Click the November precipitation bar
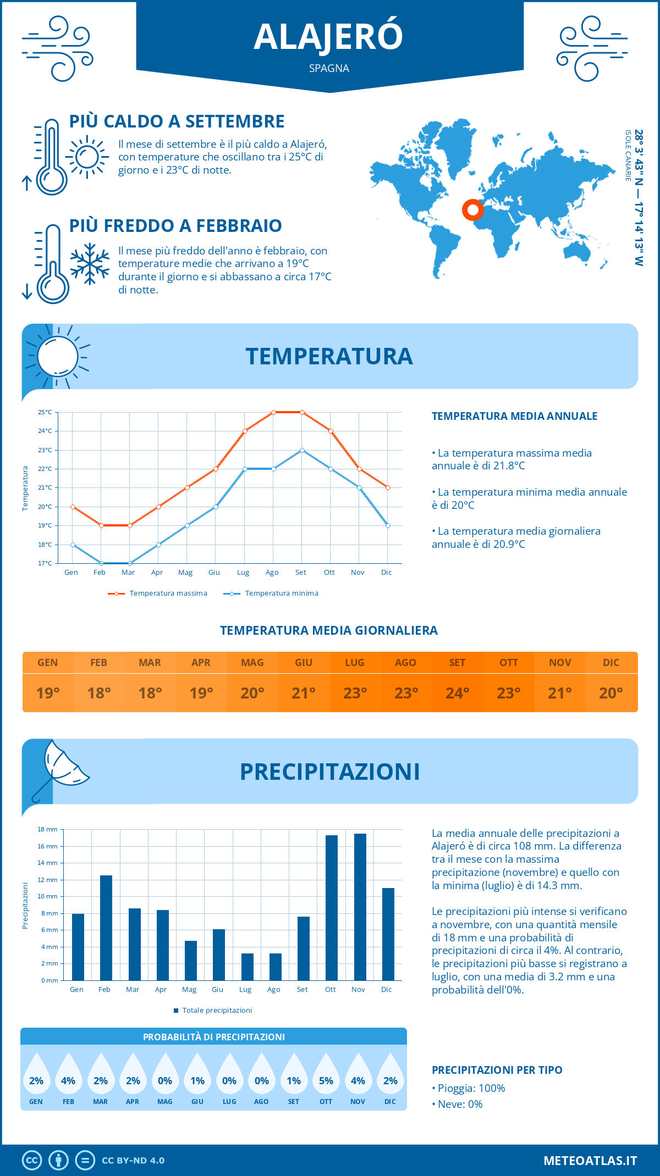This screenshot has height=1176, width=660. click(x=360, y=907)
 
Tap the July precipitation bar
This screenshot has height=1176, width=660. click(x=248, y=967)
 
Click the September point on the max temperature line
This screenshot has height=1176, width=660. click(x=302, y=412)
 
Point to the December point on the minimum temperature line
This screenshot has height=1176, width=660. click(x=388, y=526)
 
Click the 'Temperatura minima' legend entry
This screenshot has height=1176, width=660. click(x=272, y=593)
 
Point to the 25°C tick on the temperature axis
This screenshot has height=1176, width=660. click(x=45, y=412)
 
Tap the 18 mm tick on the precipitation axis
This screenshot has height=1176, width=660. click(x=48, y=829)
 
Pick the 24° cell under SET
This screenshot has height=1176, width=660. click(x=457, y=693)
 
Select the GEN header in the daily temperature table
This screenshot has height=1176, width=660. click(x=48, y=663)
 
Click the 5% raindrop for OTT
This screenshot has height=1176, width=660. click(x=326, y=1077)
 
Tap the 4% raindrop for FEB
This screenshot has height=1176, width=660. click(x=68, y=1077)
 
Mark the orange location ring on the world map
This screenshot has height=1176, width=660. click(x=472, y=209)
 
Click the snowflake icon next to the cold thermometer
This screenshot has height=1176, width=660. click(x=90, y=264)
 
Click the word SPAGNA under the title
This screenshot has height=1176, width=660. click(x=329, y=69)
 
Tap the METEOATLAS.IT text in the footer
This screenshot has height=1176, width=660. click(x=590, y=1161)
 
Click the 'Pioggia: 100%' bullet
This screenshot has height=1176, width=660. click(x=469, y=1088)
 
